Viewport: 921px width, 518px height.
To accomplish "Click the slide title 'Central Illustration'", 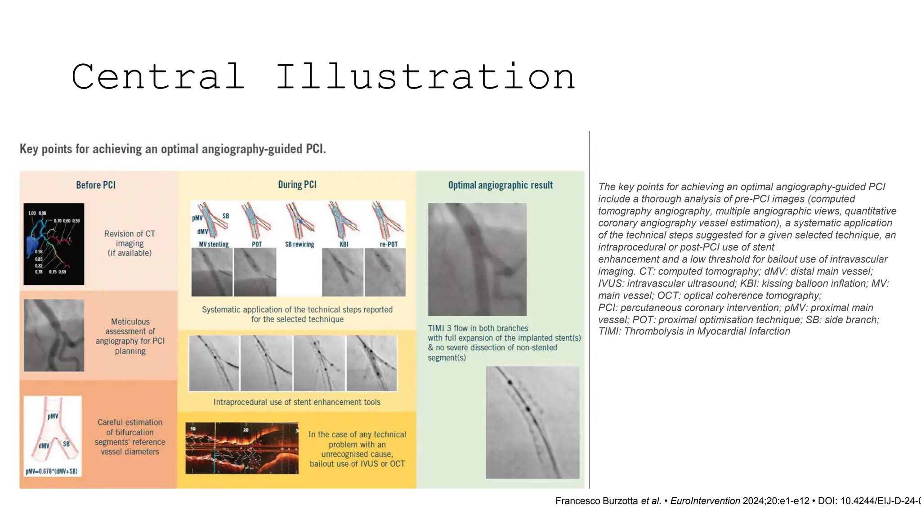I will point(323,76).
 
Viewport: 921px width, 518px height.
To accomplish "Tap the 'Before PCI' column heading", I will point(96,185).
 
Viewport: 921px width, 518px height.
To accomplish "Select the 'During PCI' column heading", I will point(297,185).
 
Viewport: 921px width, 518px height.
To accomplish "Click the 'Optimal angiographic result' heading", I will point(500,185).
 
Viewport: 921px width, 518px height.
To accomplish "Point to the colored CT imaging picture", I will point(54,244).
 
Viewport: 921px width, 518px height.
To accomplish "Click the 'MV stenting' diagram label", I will point(214,244).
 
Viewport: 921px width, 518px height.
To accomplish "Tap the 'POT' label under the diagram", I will point(257,244).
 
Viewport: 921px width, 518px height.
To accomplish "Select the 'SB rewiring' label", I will point(300,244).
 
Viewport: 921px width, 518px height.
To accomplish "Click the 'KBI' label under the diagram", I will point(344,244).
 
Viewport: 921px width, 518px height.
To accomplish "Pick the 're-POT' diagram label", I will point(389,244).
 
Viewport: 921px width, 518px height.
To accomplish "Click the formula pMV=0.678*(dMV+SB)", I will point(52,471).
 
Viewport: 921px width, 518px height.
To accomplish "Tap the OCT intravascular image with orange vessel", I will point(242,448).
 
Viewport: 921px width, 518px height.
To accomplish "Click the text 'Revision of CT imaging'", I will point(130,238).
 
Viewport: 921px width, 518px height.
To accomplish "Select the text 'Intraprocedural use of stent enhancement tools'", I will point(297,402).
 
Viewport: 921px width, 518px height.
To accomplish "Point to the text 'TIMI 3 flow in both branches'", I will point(478,328).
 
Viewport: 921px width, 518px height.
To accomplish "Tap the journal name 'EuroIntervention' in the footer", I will point(705,501).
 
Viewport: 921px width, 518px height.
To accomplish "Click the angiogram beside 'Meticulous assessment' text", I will point(54,335).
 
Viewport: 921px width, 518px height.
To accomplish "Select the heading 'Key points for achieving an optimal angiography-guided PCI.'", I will point(173,149).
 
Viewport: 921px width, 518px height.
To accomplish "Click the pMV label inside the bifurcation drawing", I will point(53,416).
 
